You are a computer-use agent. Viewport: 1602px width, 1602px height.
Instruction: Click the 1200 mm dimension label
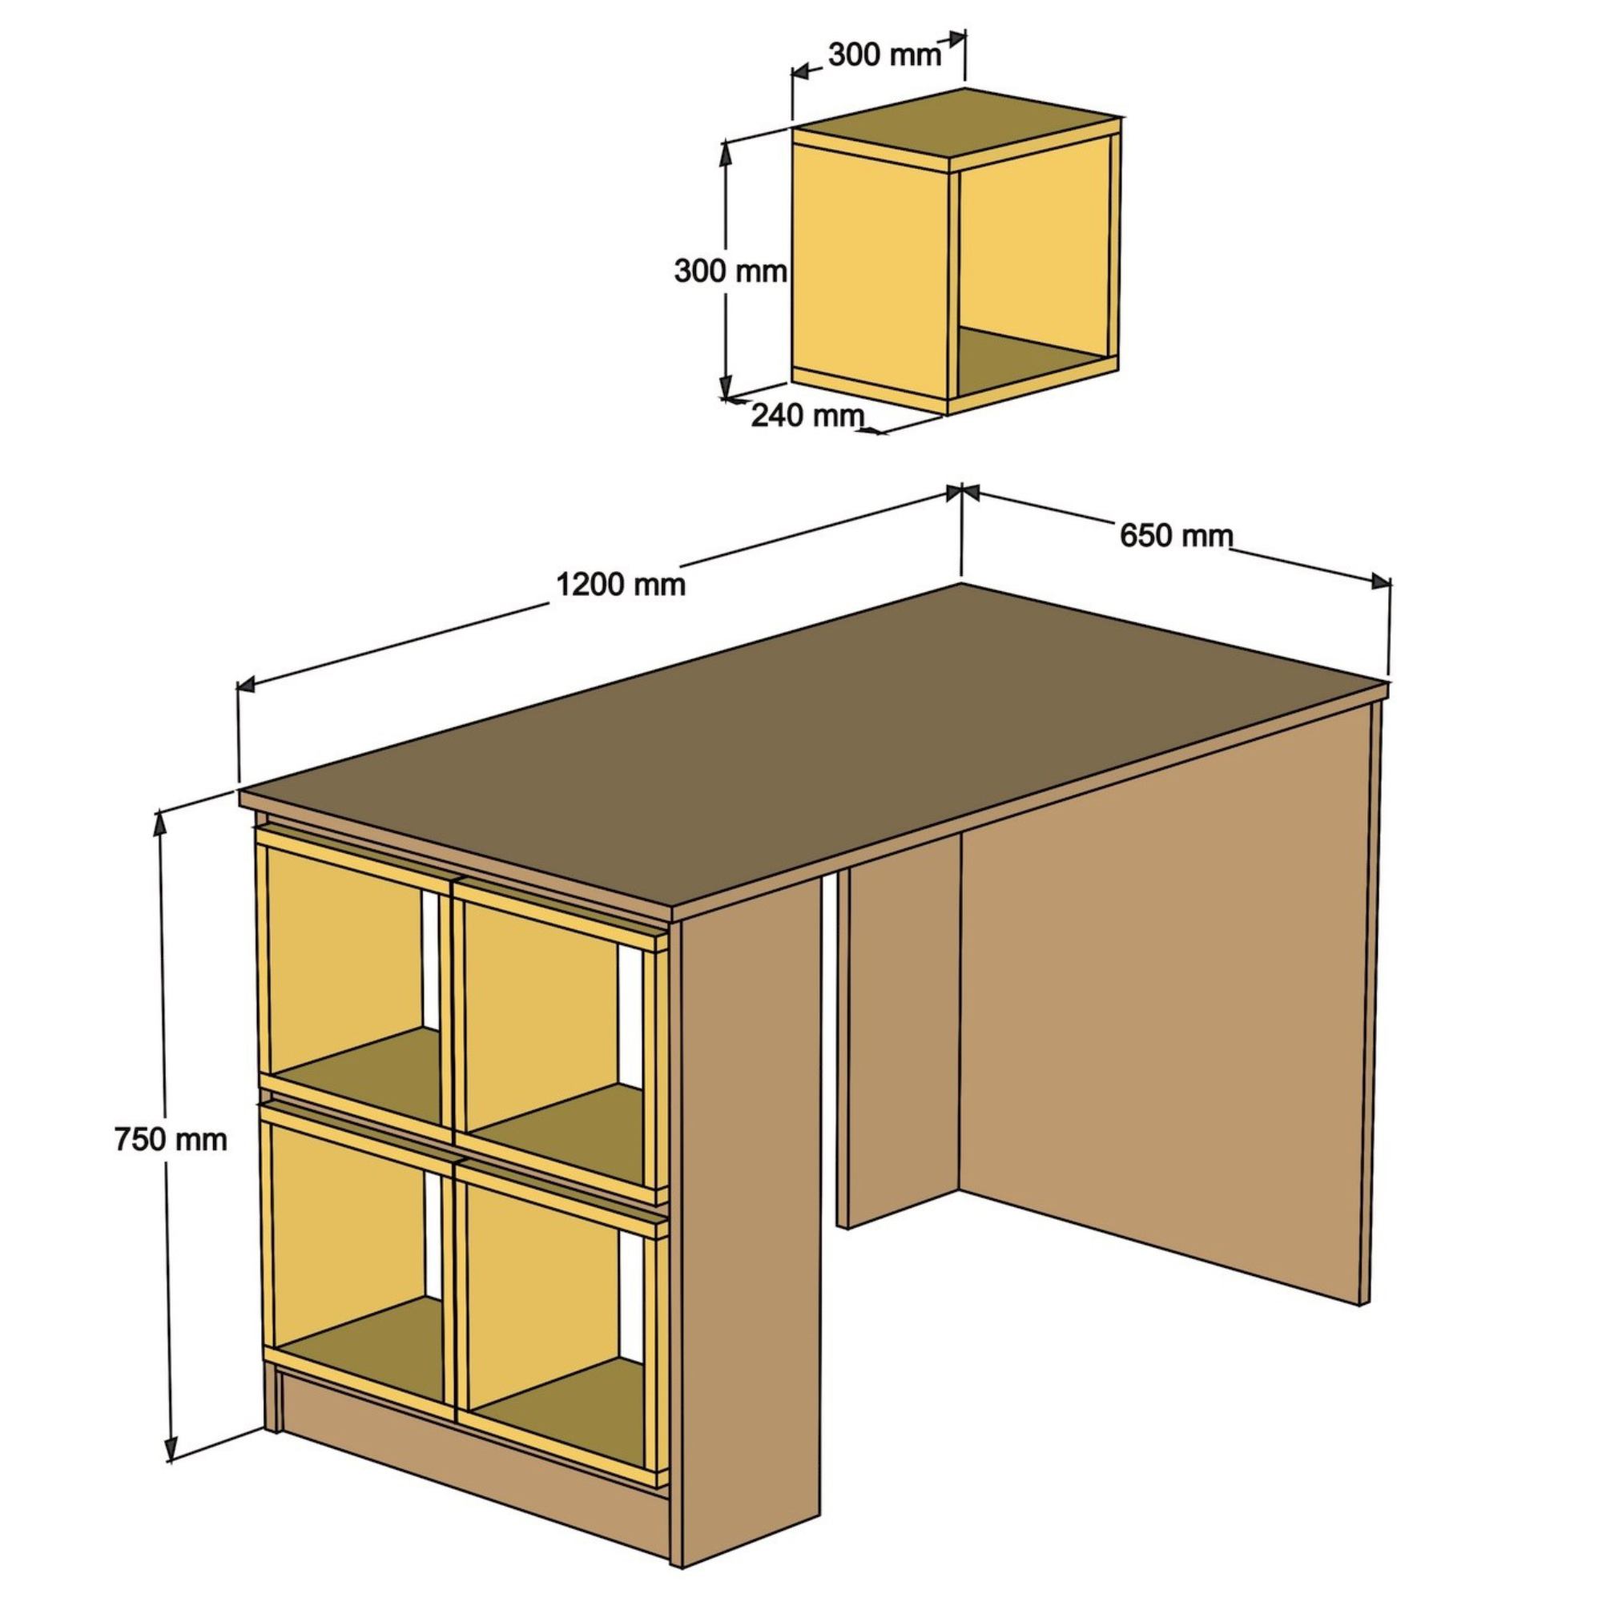click(621, 586)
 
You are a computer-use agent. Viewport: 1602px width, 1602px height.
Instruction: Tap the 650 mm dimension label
click(1176, 537)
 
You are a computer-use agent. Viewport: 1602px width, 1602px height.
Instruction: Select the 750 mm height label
click(171, 1139)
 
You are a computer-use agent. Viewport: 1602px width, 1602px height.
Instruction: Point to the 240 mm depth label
click(807, 415)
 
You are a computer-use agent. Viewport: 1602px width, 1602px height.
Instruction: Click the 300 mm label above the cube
click(885, 54)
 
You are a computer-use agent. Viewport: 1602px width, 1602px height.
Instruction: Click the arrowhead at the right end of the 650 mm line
click(1382, 582)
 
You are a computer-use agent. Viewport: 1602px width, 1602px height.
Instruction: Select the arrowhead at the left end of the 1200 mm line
click(245, 684)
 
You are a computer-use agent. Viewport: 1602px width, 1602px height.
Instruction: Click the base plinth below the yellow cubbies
click(473, 1447)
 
